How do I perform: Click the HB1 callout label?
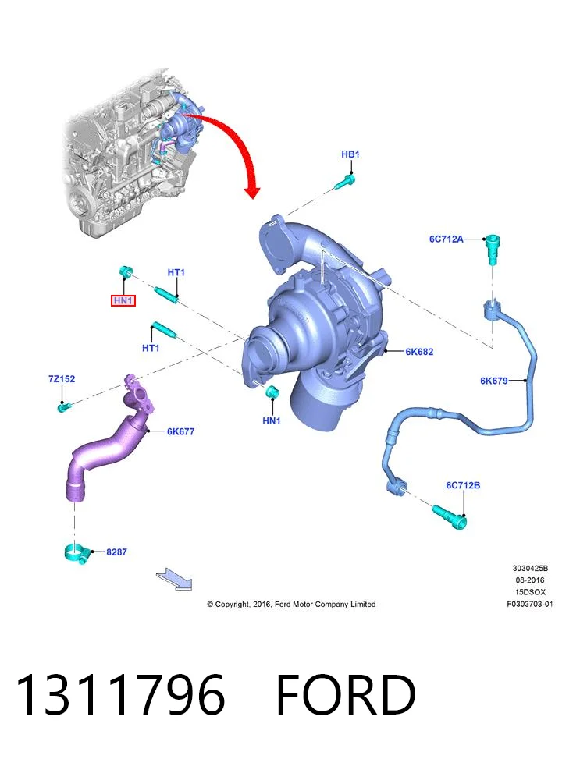click(350, 154)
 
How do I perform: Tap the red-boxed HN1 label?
click(123, 300)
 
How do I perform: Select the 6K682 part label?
click(419, 352)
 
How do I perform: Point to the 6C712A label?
click(447, 239)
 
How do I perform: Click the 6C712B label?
click(463, 485)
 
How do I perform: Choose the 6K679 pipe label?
click(494, 381)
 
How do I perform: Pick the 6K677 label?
click(181, 431)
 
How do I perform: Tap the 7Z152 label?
click(62, 379)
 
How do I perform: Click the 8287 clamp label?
click(116, 552)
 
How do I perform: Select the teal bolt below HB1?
click(344, 183)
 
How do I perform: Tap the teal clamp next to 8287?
click(77, 553)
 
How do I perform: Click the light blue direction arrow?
click(174, 580)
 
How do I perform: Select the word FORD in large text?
click(346, 696)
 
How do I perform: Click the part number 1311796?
click(121, 696)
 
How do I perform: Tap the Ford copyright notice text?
click(291, 604)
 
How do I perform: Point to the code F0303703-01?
click(529, 604)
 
